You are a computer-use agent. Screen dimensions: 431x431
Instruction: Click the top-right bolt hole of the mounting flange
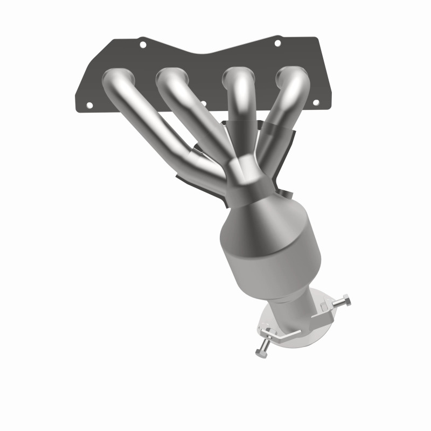coord(277,43)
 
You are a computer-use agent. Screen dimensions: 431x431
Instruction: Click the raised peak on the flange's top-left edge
coord(141,39)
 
